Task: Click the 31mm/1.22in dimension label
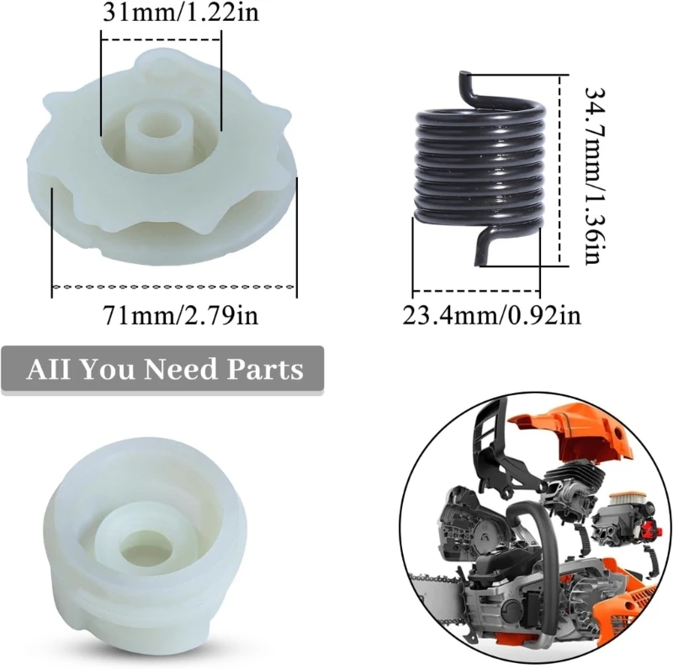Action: click(161, 14)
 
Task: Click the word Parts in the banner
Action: click(266, 369)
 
